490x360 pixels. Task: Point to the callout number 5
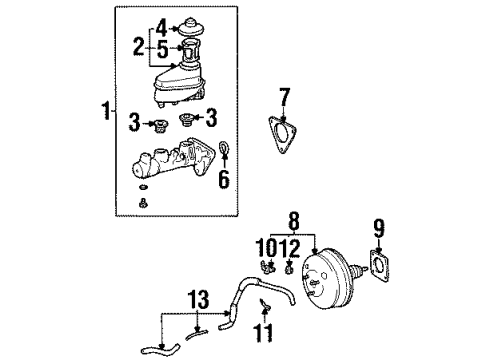(163, 46)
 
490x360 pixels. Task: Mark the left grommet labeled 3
(158, 126)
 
